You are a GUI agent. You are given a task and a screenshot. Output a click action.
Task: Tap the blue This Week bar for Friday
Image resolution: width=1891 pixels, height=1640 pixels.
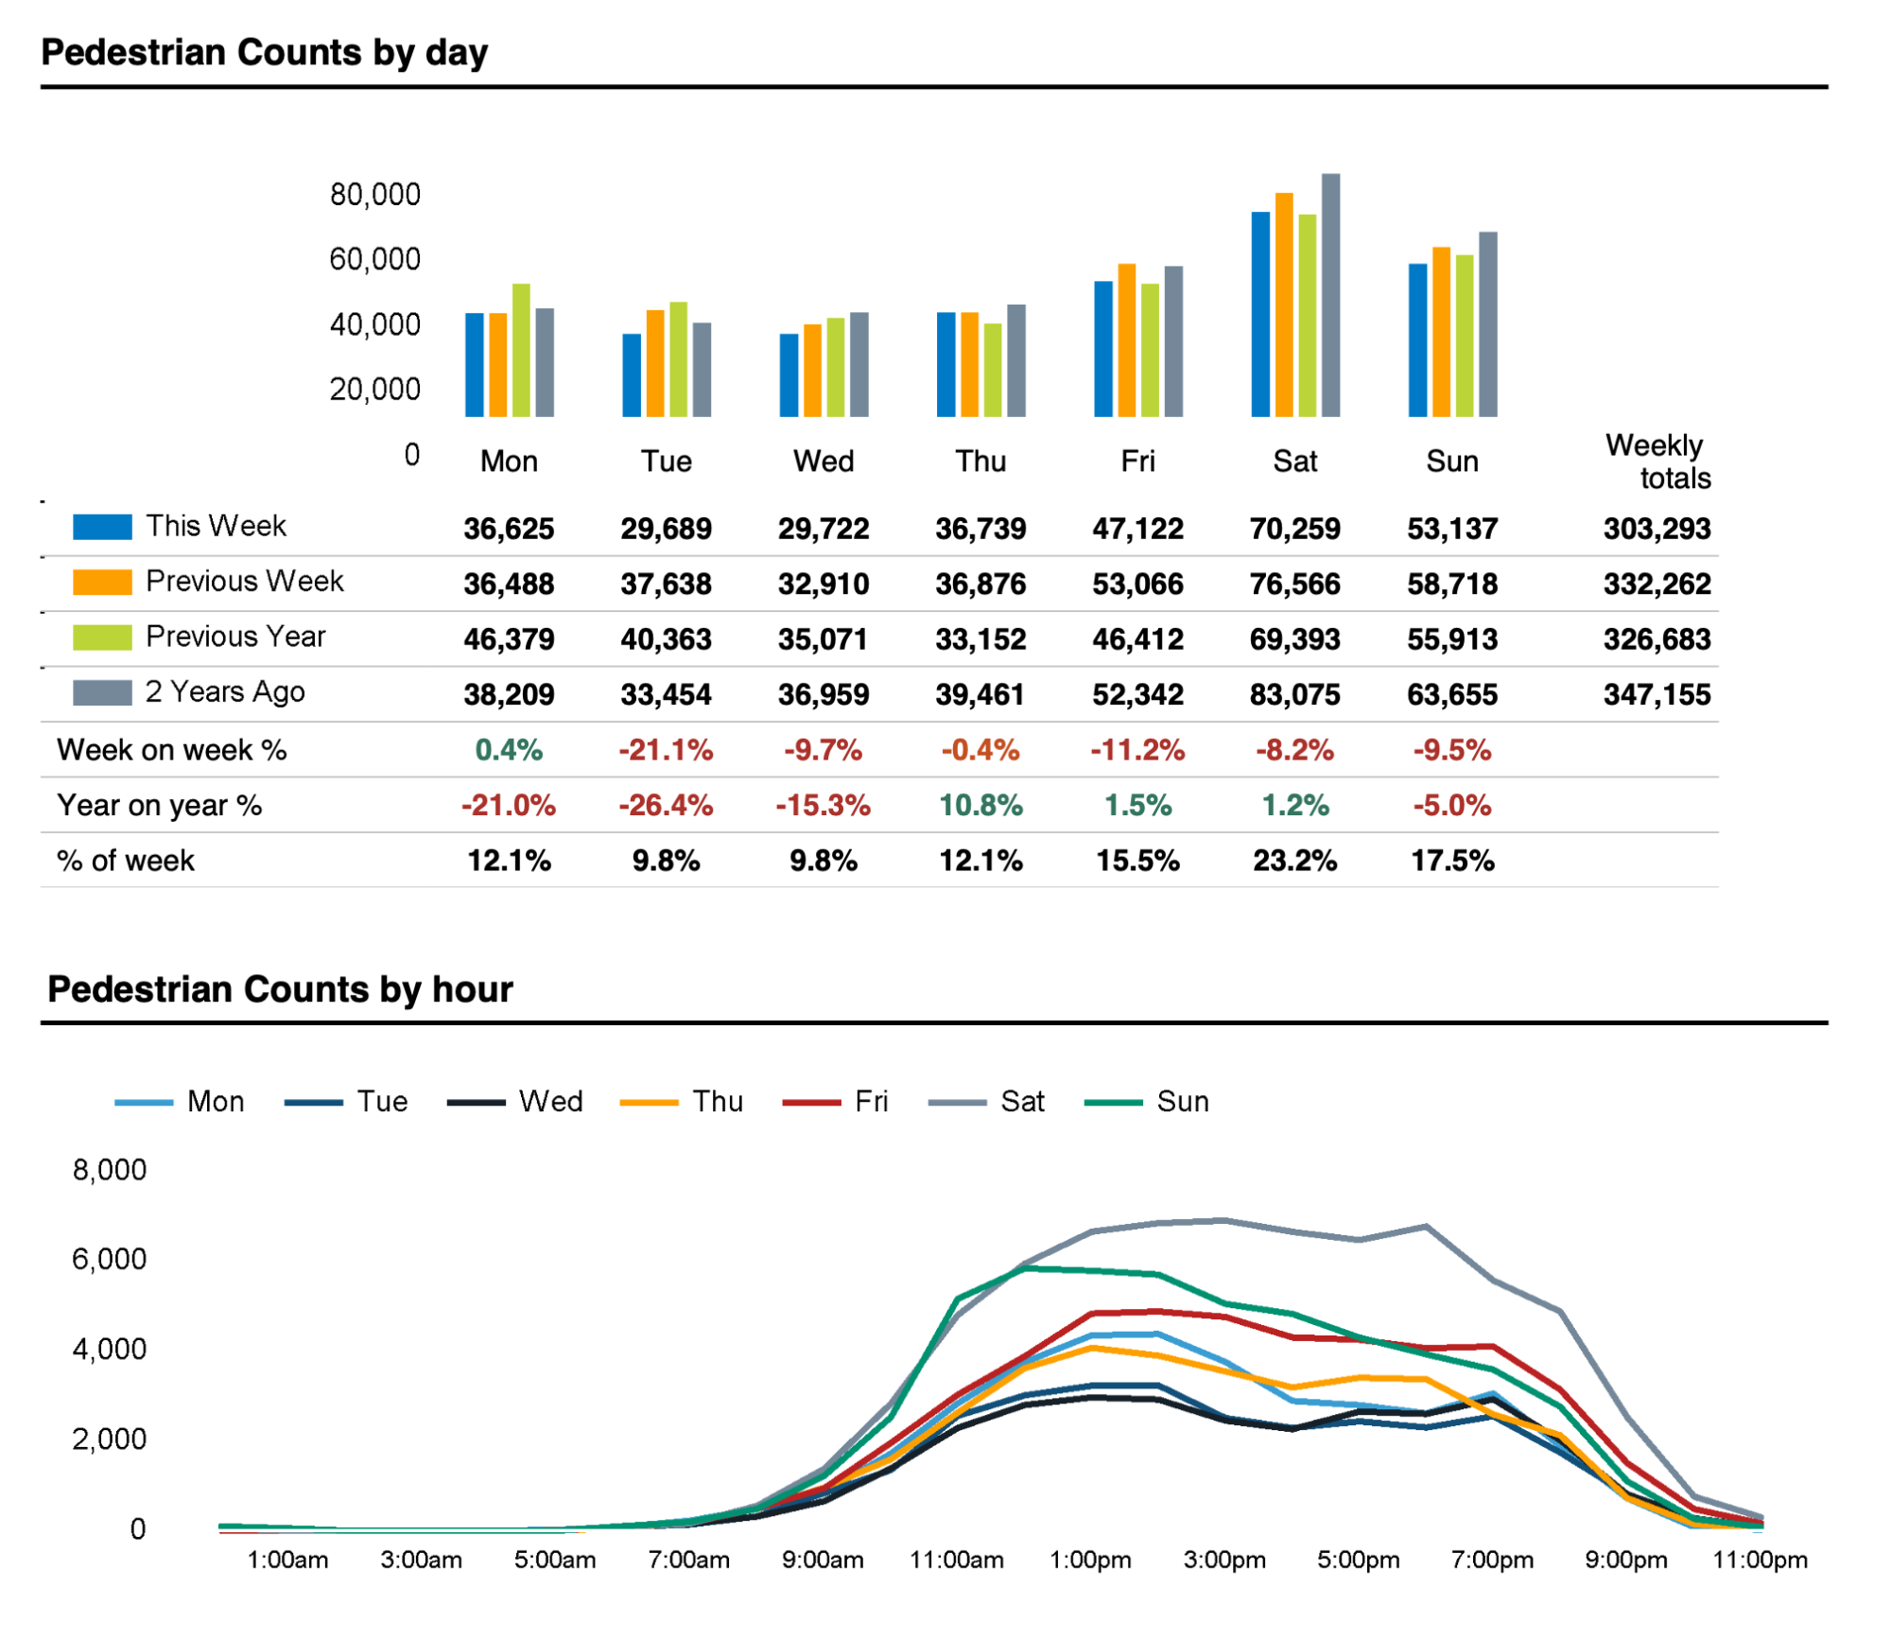point(1103,349)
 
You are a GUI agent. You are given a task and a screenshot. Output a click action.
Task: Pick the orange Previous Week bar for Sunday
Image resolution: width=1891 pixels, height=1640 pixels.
point(1441,332)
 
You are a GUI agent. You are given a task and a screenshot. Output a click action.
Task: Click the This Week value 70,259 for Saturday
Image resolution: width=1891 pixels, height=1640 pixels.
point(1294,529)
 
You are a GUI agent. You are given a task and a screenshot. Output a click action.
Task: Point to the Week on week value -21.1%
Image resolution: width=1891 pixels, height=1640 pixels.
point(666,750)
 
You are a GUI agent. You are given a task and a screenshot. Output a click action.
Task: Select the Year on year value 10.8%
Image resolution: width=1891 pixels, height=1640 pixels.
point(980,806)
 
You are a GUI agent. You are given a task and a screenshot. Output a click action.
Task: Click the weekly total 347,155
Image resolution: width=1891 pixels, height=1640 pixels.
point(1657,695)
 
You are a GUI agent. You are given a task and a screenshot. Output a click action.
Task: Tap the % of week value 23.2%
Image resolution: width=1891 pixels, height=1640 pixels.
point(1294,861)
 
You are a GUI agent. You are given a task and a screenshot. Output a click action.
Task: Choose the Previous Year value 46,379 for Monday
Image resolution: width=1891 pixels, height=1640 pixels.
point(509,639)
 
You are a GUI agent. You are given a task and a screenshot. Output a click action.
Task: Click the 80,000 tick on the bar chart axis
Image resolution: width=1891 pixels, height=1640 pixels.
point(374,195)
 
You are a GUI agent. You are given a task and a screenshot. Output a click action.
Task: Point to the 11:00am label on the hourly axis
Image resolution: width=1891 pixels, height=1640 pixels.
point(956,1560)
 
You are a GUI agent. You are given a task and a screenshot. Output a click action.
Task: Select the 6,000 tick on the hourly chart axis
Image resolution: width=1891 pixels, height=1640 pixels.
point(110,1259)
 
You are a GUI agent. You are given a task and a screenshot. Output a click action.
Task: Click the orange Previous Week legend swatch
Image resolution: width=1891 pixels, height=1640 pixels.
point(102,582)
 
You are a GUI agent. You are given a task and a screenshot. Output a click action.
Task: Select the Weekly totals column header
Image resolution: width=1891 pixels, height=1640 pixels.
point(1657,462)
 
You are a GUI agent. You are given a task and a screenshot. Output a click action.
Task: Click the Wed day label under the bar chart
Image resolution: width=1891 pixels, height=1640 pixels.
point(824,462)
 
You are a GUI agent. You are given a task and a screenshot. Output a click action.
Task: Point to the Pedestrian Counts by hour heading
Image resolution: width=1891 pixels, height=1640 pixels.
point(280,989)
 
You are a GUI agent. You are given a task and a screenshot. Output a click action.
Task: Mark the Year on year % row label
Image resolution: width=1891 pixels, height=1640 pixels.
point(159,806)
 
